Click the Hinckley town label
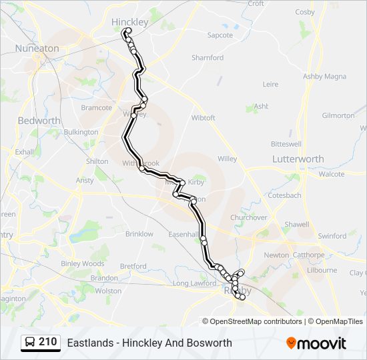(x=129, y=22)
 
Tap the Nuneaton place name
(x=37, y=49)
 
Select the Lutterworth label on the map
(x=298, y=159)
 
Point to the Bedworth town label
(x=39, y=121)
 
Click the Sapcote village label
(x=220, y=35)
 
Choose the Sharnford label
(x=208, y=58)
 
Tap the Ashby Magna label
(x=322, y=77)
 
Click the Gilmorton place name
(x=338, y=115)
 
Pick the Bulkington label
(x=81, y=132)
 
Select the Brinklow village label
(x=139, y=234)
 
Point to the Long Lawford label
(x=195, y=283)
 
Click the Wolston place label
(x=108, y=291)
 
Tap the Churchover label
(x=248, y=217)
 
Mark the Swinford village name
(x=332, y=236)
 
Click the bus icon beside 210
(x=30, y=343)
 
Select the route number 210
(x=47, y=342)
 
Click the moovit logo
(x=316, y=343)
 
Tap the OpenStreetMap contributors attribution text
(x=256, y=321)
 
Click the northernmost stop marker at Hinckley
(x=127, y=30)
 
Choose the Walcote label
(x=332, y=174)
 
